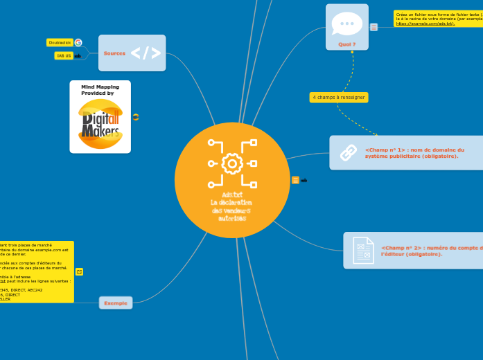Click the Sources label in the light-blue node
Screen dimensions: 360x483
click(114, 53)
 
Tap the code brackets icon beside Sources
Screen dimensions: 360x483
click(146, 53)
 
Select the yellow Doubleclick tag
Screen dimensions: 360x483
click(60, 42)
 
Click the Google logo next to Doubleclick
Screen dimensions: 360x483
click(78, 42)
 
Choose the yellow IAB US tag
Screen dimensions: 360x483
click(64, 55)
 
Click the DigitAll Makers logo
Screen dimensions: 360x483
click(100, 123)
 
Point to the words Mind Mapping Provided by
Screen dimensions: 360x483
click(100, 90)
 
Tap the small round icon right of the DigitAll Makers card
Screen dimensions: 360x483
click(136, 117)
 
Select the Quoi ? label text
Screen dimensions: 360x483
click(347, 44)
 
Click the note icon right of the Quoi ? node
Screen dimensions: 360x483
click(374, 27)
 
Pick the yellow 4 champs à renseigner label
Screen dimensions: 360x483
click(339, 98)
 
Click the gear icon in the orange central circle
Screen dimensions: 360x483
click(232, 164)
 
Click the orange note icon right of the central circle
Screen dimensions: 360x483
click(296, 180)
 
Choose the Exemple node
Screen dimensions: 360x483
click(116, 303)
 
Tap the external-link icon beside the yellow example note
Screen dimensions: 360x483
click(79, 272)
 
